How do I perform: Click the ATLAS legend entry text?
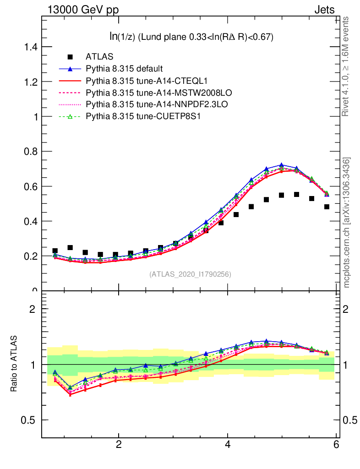(99, 57)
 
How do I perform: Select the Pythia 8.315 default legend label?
(124, 69)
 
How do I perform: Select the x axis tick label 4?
(228, 445)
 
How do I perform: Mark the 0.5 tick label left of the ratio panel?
(30, 420)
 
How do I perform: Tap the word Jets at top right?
(324, 10)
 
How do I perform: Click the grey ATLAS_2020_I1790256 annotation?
(190, 274)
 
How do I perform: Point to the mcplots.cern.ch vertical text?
(347, 223)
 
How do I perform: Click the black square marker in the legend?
(70, 57)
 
